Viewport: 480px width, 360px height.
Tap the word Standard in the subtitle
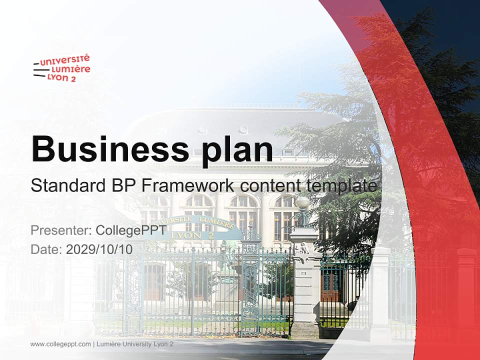click(x=66, y=186)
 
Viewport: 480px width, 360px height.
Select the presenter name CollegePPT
click(x=130, y=230)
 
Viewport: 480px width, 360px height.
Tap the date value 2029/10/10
click(x=99, y=249)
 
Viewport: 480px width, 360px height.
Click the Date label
click(x=46, y=249)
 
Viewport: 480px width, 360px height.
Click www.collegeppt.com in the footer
click(x=60, y=344)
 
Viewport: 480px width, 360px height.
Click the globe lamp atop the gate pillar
click(x=302, y=203)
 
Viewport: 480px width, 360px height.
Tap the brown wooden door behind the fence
click(x=330, y=285)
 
